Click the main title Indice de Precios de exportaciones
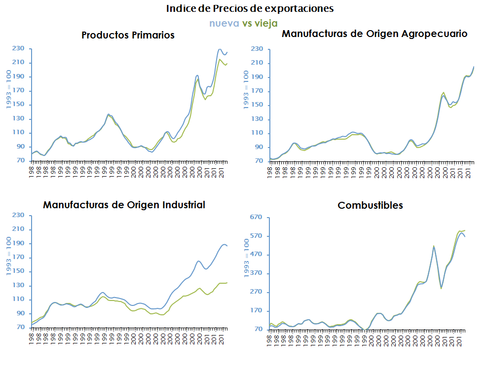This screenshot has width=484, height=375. (x=250, y=9)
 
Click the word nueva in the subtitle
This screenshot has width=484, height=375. (x=224, y=23)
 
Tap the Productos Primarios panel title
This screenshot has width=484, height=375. (x=128, y=36)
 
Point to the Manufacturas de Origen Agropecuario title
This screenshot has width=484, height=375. (x=374, y=34)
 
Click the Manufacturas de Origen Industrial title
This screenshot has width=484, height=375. (x=124, y=205)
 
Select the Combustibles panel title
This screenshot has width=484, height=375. (x=370, y=205)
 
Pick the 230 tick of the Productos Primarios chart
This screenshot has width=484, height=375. (x=19, y=48)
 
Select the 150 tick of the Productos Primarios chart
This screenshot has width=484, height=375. (x=19, y=105)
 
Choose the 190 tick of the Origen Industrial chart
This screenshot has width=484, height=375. (x=19, y=243)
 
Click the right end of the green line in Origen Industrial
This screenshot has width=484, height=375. (x=227, y=283)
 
